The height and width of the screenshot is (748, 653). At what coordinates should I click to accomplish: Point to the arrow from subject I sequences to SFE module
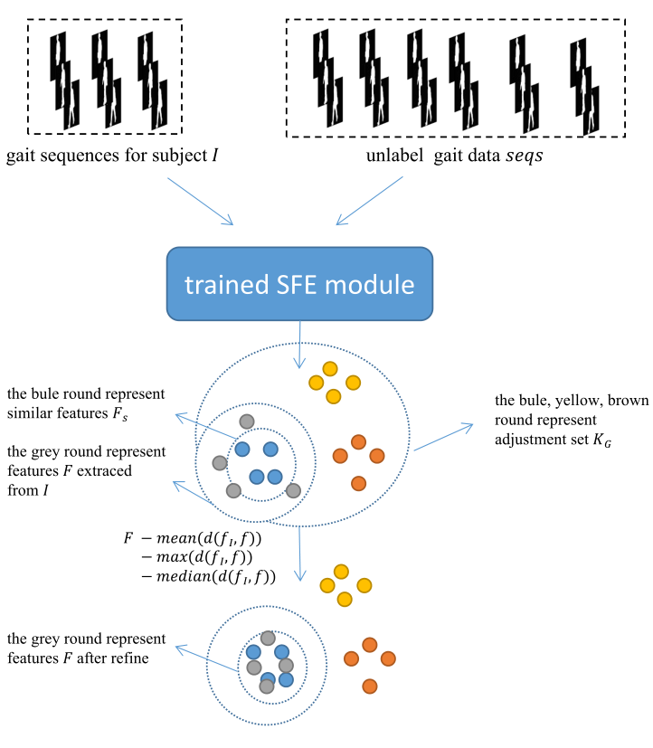[200, 200]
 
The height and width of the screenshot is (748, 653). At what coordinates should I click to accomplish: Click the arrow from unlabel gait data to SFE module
[369, 200]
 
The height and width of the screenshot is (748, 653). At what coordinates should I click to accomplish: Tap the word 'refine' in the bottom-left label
[131, 658]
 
